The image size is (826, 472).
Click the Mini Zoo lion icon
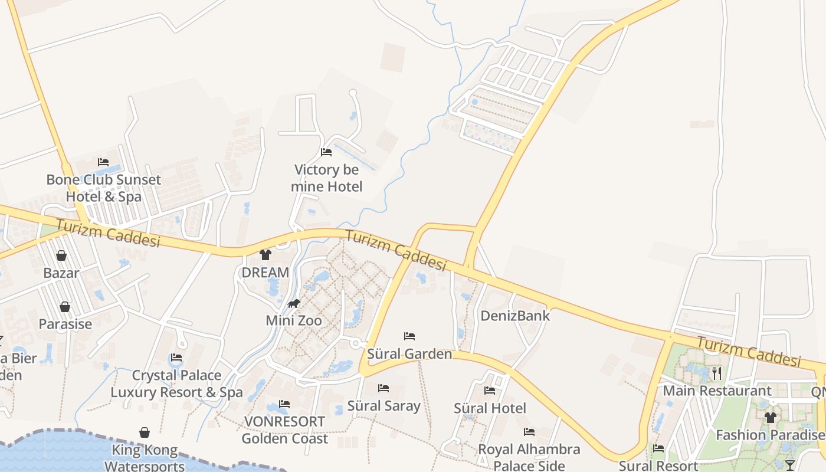click(x=294, y=304)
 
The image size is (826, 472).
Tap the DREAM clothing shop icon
click(x=265, y=255)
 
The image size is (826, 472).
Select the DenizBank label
click(x=515, y=316)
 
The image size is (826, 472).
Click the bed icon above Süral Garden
click(x=409, y=336)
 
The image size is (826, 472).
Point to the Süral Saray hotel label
click(x=384, y=406)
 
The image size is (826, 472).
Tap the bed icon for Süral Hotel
click(x=490, y=390)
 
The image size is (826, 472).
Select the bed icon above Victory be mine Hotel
click(x=326, y=152)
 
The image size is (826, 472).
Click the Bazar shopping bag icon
click(x=61, y=255)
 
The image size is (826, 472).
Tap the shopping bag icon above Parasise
click(x=65, y=307)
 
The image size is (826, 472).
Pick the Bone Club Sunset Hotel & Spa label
click(x=103, y=188)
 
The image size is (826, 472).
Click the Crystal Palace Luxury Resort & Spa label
click(x=176, y=383)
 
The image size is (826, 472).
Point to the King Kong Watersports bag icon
click(x=145, y=433)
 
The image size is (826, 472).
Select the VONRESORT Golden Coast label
click(x=284, y=430)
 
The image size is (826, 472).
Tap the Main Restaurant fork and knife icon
click(x=717, y=373)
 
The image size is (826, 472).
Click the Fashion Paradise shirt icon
click(x=770, y=418)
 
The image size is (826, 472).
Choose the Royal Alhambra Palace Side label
click(x=529, y=457)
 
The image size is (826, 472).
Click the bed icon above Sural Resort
click(x=658, y=448)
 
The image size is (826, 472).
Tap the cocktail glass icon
click(x=791, y=465)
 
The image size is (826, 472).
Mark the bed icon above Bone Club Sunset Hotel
click(x=103, y=162)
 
